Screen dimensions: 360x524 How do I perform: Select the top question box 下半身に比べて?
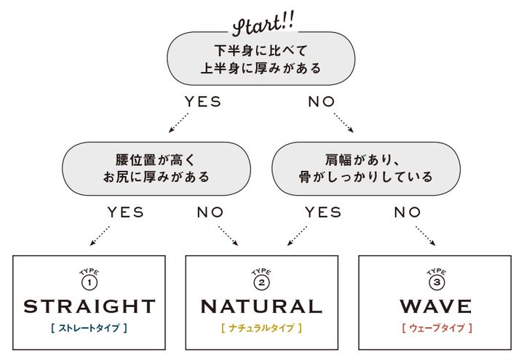pyautogui.click(x=261, y=60)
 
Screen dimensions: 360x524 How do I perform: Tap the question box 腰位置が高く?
pyautogui.click(x=156, y=168)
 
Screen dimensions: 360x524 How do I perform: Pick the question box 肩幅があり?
pyautogui.click(x=365, y=168)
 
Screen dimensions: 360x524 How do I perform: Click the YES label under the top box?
pyautogui.click(x=202, y=103)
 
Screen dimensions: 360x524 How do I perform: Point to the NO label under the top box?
pyautogui.click(x=322, y=103)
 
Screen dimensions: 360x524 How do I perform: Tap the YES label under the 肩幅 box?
pyautogui.click(x=323, y=212)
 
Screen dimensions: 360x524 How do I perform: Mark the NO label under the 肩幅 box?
pyautogui.click(x=408, y=212)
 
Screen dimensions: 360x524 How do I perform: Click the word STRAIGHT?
pyautogui.click(x=90, y=306)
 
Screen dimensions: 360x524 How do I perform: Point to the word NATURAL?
pyautogui.click(x=261, y=306)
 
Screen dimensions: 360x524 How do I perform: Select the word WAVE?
pyautogui.click(x=435, y=306)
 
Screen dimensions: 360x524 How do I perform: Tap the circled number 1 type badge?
pyautogui.click(x=90, y=281)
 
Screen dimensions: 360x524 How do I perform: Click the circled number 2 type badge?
pyautogui.click(x=262, y=281)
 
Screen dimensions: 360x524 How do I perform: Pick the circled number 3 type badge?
pyautogui.click(x=435, y=281)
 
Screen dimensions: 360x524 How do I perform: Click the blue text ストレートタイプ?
pyautogui.click(x=90, y=329)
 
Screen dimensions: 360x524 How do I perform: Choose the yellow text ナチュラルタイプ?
pyautogui.click(x=261, y=329)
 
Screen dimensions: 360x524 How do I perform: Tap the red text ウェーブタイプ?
pyautogui.click(x=435, y=329)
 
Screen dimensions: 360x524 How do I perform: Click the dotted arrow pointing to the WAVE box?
pyautogui.click(x=426, y=236)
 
